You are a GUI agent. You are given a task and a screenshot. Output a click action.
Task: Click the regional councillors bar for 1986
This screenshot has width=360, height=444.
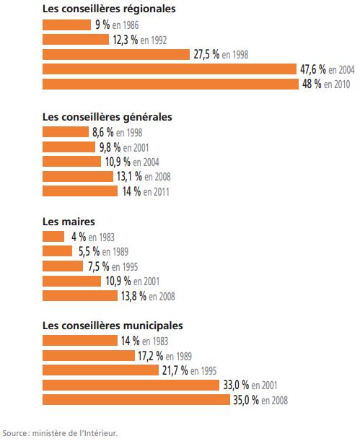67,25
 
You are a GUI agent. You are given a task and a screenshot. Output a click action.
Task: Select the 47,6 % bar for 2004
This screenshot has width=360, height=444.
170,69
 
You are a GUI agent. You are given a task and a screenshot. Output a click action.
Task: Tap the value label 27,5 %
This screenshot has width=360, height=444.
206,54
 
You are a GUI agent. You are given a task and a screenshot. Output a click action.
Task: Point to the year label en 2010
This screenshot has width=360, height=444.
337,84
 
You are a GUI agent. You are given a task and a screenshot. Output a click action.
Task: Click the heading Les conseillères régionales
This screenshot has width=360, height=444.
109,9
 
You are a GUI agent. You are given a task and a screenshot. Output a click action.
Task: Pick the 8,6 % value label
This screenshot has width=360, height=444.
103,132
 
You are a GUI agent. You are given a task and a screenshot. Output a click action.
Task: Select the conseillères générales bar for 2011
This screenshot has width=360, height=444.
80,191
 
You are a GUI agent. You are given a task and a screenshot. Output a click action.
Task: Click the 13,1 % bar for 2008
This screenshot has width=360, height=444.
78,176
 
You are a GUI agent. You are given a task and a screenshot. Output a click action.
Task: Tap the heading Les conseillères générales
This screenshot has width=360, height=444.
107,117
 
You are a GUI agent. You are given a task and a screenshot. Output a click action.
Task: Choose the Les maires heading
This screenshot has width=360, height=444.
69,222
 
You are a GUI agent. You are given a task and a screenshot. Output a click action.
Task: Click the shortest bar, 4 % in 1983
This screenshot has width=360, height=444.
53,237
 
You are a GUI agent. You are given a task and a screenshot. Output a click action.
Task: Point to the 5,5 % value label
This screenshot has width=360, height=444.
89,251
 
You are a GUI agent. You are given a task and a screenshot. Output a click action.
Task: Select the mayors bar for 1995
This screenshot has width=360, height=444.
63,266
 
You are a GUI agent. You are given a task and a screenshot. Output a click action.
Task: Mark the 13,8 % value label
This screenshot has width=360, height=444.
134,296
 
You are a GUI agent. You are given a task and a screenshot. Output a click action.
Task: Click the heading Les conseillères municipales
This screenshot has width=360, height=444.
113,326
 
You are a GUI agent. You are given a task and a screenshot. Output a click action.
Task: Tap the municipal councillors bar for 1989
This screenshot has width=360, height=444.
89,355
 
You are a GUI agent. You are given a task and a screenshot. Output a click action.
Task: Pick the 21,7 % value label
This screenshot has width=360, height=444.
175,370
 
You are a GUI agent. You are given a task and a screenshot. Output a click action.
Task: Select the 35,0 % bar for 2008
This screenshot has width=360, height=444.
136,399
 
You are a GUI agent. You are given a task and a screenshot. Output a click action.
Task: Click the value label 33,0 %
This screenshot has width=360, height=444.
236,385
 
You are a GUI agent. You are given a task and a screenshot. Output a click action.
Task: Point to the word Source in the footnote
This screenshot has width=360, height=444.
14,433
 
